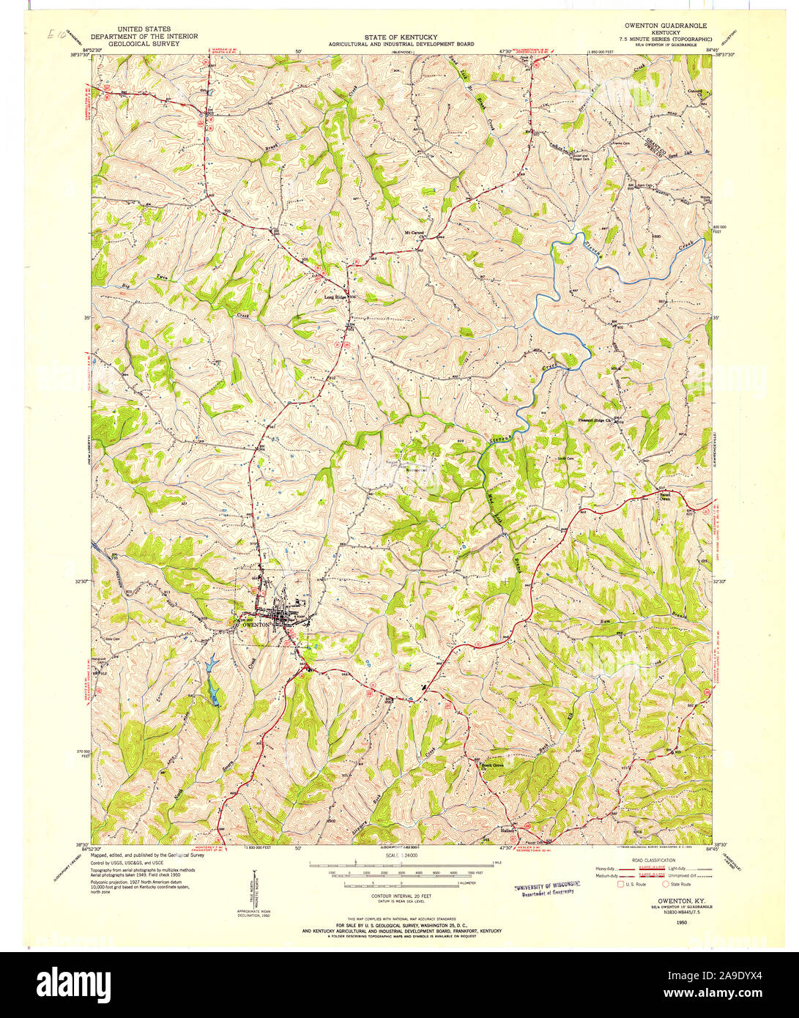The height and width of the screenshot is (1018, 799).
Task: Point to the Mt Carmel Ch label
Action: tap(415, 235)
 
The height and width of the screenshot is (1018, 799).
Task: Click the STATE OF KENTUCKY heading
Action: tap(401, 36)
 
